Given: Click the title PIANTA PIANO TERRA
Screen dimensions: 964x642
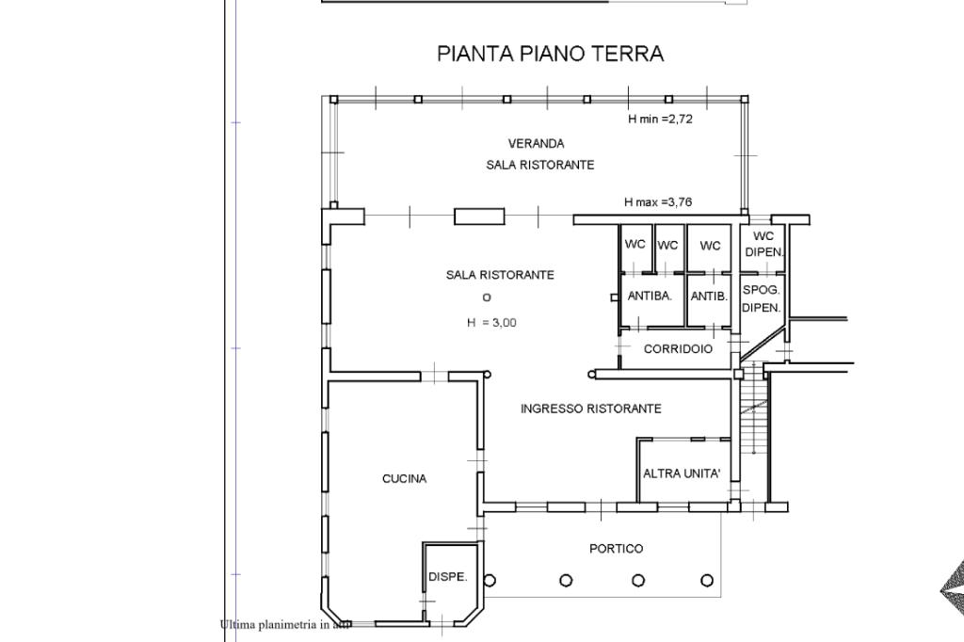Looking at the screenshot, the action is pyautogui.click(x=550, y=54).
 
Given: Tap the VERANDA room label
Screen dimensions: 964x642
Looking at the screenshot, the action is pyautogui.click(x=536, y=143).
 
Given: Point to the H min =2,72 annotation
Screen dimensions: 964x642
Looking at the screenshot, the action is pyautogui.click(x=660, y=119).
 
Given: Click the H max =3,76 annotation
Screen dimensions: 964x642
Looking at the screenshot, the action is pyautogui.click(x=658, y=201).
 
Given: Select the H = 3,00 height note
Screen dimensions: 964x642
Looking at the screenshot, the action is pyautogui.click(x=491, y=322).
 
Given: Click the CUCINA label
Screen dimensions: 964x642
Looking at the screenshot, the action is pyautogui.click(x=404, y=478).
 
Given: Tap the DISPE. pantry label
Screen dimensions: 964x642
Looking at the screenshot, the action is pyautogui.click(x=447, y=577).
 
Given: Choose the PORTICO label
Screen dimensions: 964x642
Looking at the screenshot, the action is pyautogui.click(x=616, y=549).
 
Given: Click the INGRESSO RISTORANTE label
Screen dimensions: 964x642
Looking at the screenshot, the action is pyautogui.click(x=591, y=409).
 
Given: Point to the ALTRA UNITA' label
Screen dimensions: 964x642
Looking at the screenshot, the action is pyautogui.click(x=682, y=473).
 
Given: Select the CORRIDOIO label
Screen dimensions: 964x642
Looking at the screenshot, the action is pyautogui.click(x=678, y=348).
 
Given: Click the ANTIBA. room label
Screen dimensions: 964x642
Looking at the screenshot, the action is pyautogui.click(x=650, y=296).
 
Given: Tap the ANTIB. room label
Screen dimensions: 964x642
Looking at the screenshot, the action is pyautogui.click(x=709, y=297).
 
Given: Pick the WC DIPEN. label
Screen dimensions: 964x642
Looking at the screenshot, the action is pyautogui.click(x=763, y=244).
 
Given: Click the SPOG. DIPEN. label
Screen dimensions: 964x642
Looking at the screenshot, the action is pyautogui.click(x=761, y=298).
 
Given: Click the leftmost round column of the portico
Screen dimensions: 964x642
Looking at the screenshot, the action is pyautogui.click(x=490, y=580).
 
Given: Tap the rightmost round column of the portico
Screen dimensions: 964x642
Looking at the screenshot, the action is pyautogui.click(x=707, y=580).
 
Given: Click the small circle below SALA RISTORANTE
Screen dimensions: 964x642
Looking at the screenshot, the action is pyautogui.click(x=487, y=297).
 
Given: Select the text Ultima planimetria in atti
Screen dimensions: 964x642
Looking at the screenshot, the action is pyautogui.click(x=284, y=625).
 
